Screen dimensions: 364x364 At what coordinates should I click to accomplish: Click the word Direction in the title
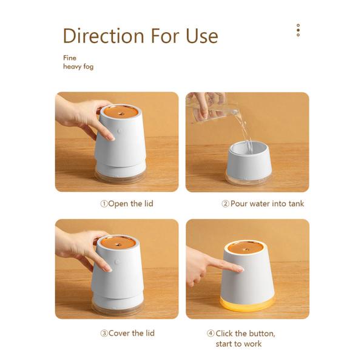(x=104, y=36)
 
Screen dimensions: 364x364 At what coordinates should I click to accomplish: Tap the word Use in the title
(x=202, y=36)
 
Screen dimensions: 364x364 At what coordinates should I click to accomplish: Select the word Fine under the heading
(x=70, y=58)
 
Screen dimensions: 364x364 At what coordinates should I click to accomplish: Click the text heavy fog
(x=78, y=67)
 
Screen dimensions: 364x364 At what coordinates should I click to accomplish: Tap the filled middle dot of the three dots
(x=298, y=30)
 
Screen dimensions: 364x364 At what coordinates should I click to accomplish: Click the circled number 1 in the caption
(x=104, y=204)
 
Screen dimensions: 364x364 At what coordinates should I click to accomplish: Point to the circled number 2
(x=225, y=204)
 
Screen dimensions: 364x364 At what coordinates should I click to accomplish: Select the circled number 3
(x=104, y=333)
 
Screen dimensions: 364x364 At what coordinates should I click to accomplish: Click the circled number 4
(x=211, y=333)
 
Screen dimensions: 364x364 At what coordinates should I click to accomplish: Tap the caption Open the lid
(x=130, y=204)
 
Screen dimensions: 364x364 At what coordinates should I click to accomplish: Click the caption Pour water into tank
(x=267, y=204)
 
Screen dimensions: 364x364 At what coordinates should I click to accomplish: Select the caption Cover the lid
(x=132, y=333)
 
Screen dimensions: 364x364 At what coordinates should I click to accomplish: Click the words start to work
(x=238, y=344)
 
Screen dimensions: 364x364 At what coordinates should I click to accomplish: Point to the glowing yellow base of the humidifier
(x=247, y=305)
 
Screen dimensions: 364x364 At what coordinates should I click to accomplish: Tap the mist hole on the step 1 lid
(x=121, y=114)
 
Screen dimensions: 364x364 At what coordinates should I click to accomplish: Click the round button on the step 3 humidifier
(x=117, y=262)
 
